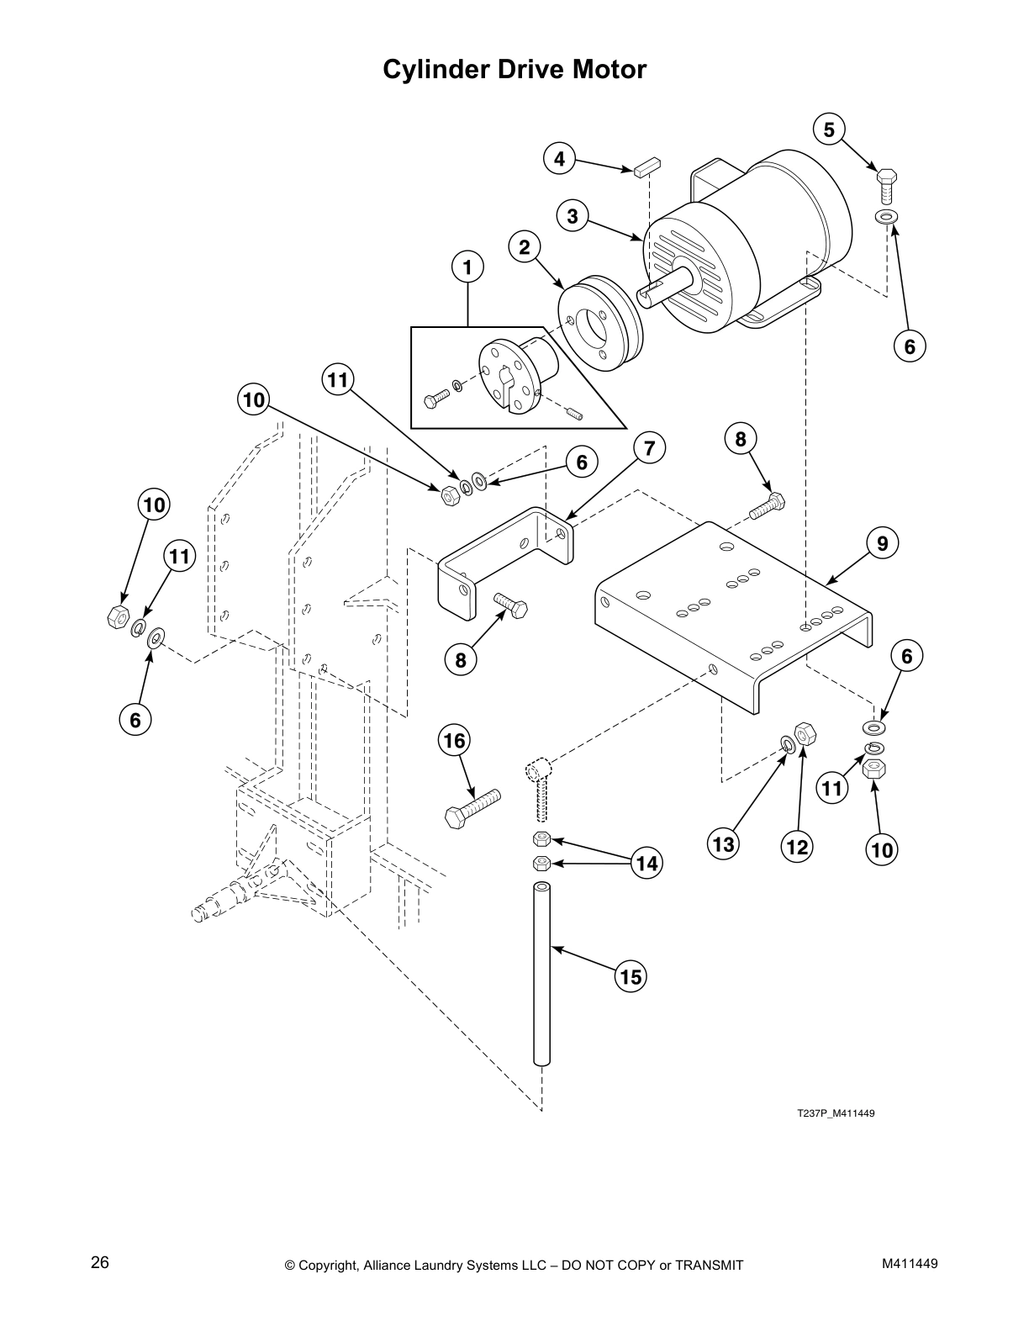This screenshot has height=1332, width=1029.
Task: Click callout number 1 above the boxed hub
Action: click(x=468, y=267)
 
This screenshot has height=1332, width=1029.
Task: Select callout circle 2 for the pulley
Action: click(x=525, y=247)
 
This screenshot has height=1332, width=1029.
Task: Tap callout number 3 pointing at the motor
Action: click(x=573, y=216)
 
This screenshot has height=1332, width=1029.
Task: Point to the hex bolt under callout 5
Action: click(x=886, y=186)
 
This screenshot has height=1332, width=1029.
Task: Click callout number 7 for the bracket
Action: click(x=649, y=448)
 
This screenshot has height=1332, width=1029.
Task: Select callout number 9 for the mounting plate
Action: click(x=882, y=544)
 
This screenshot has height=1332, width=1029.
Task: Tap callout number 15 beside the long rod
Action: click(x=631, y=976)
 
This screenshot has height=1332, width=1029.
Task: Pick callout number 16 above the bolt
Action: click(x=454, y=741)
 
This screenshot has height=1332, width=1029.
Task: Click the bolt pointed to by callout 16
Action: click(x=472, y=807)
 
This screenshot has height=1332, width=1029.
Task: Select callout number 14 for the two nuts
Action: click(x=646, y=863)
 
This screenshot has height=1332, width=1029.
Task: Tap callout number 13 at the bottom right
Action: click(x=724, y=843)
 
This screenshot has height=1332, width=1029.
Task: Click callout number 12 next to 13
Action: click(x=796, y=847)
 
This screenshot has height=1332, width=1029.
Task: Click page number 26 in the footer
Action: click(x=100, y=1262)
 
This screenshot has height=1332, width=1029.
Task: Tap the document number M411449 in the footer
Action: click(x=910, y=1263)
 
